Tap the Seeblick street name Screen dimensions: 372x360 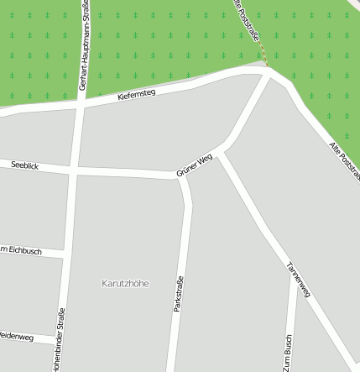click(x=25, y=165)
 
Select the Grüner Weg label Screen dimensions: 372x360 click(x=195, y=165)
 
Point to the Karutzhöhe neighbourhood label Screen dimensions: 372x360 click(x=125, y=283)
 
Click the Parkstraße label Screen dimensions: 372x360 click(x=178, y=295)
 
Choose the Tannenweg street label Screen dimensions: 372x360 click(x=299, y=280)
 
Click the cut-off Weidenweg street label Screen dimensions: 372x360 click(x=16, y=338)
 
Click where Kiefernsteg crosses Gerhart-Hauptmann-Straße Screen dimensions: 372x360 click(x=81, y=103)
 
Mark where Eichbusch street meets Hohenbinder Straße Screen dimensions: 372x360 click(x=65, y=254)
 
